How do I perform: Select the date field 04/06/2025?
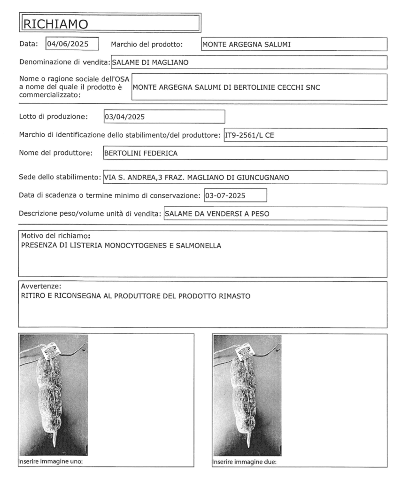point(72,44)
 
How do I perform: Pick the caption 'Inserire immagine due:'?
point(245,461)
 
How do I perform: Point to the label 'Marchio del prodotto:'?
point(146,45)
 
